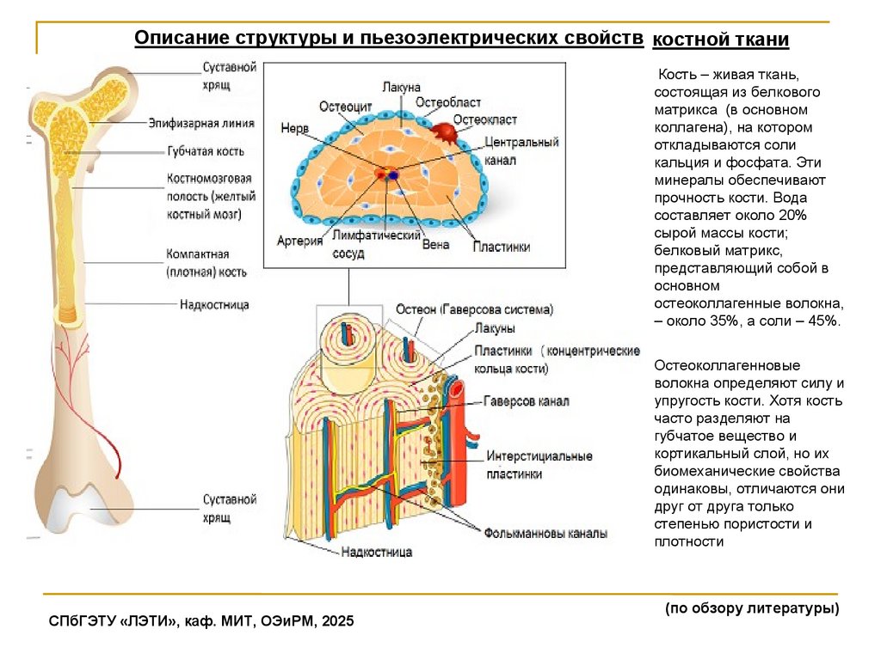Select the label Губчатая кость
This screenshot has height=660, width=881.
[206, 151]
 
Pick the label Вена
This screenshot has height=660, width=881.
[436, 244]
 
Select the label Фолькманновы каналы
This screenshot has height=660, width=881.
[545, 533]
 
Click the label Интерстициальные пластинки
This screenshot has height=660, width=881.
[527, 464]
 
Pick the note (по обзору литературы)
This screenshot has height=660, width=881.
[751, 608]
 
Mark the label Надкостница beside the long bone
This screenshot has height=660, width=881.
[214, 304]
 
